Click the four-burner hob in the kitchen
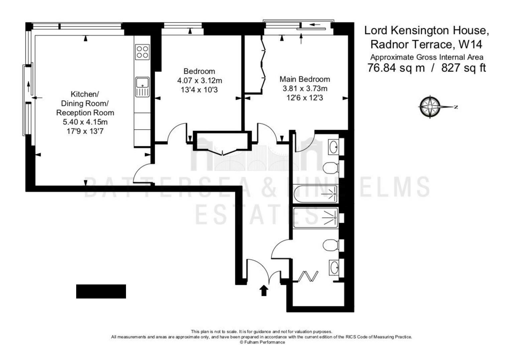coord(142,52)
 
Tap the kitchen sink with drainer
coord(142,87)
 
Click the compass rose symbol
coord(430,107)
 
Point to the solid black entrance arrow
coord(264,290)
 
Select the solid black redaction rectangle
coord(101,291)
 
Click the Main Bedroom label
coord(305,79)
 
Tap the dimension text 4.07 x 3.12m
coord(200,81)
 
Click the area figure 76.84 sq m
coord(396,68)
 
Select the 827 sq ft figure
coord(463,68)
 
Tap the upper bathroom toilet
coord(331,168)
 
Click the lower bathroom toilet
coord(331,245)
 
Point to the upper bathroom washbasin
coord(334,147)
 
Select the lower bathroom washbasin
coord(334,267)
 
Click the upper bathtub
coord(315,194)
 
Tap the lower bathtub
coord(316,217)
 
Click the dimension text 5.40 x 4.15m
coord(85,122)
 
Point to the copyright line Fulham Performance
coord(262,342)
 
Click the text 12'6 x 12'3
coord(305,98)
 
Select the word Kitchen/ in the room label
coord(85,94)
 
